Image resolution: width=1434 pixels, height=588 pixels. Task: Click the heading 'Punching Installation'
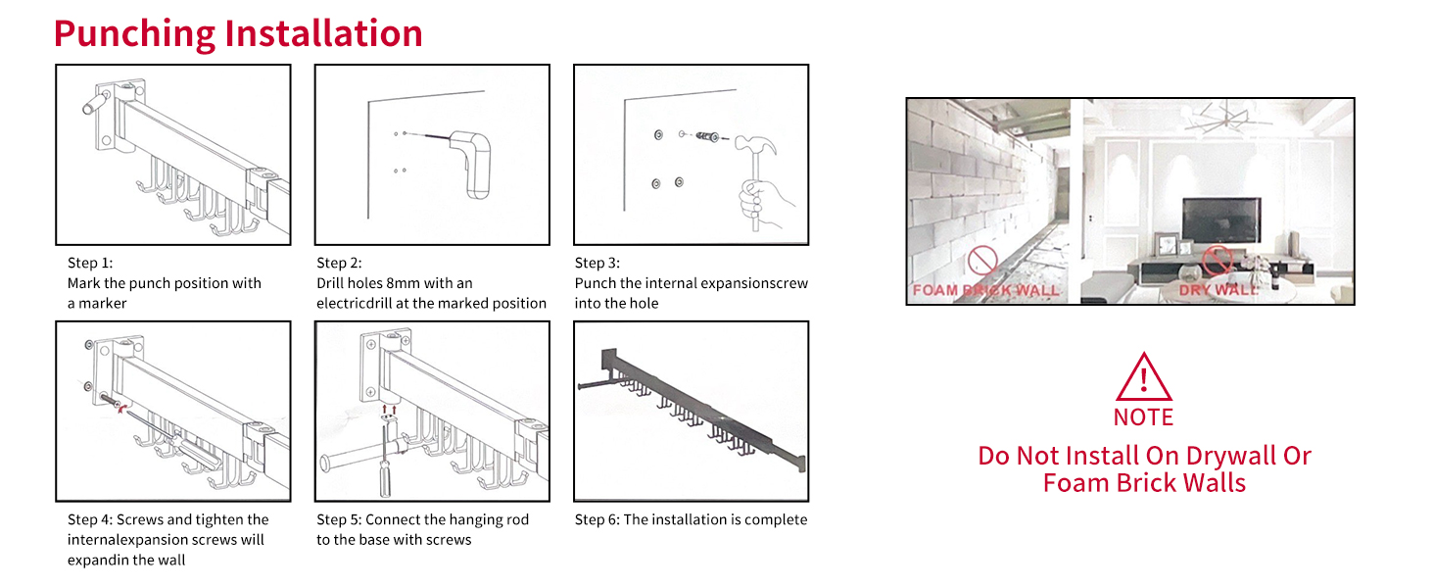point(238,32)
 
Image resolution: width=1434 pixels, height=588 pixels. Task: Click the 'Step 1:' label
point(90,263)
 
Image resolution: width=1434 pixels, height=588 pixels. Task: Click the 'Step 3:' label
point(597,263)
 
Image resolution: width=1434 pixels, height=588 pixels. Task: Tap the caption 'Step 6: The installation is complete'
point(691,519)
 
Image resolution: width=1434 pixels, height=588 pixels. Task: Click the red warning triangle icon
point(1143,377)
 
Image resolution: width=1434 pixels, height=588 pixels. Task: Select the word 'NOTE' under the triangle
point(1143,417)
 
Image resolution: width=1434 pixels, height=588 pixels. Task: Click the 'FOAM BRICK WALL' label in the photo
point(985,290)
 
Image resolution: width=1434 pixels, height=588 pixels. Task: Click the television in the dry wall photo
point(1221,220)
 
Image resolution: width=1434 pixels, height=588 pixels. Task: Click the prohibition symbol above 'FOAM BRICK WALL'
point(982,261)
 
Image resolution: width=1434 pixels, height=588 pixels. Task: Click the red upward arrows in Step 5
point(389,409)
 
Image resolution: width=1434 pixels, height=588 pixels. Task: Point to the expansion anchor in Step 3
point(706,136)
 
